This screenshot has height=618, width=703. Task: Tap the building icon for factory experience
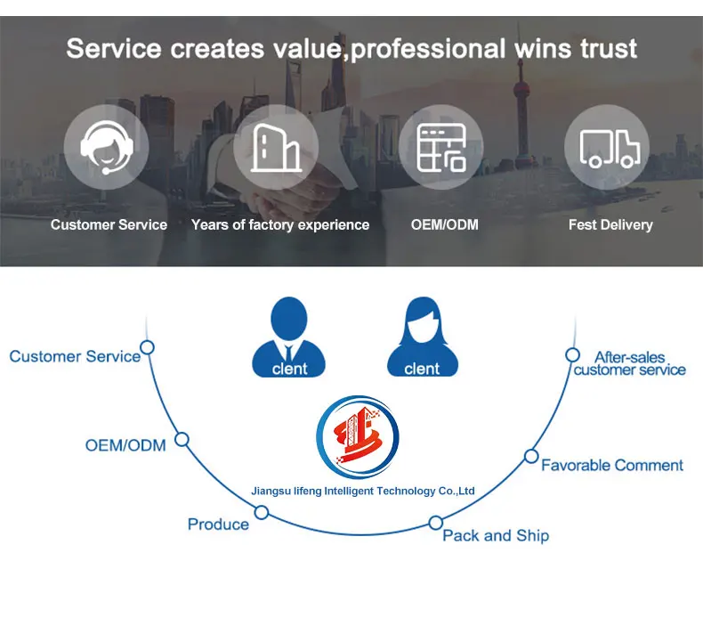coord(275,147)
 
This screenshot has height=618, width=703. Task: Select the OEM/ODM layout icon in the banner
coord(442,147)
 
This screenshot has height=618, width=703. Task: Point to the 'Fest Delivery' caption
coord(610,225)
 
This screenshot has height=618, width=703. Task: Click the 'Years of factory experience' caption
coord(280,225)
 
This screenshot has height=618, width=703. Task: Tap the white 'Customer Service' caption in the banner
coord(109,225)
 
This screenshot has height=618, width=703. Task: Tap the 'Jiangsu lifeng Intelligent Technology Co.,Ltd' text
coord(363,491)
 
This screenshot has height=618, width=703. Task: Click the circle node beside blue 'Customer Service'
coord(148,347)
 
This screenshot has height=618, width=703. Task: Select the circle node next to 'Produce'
coord(262,512)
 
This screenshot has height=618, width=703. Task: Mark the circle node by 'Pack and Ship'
coord(436,523)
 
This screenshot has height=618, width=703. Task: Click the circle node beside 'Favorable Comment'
coord(531,456)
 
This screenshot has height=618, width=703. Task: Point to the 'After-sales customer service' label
coord(630,363)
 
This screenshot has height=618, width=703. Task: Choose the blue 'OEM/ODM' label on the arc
coord(125,444)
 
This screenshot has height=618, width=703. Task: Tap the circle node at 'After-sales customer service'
coord(573,354)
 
